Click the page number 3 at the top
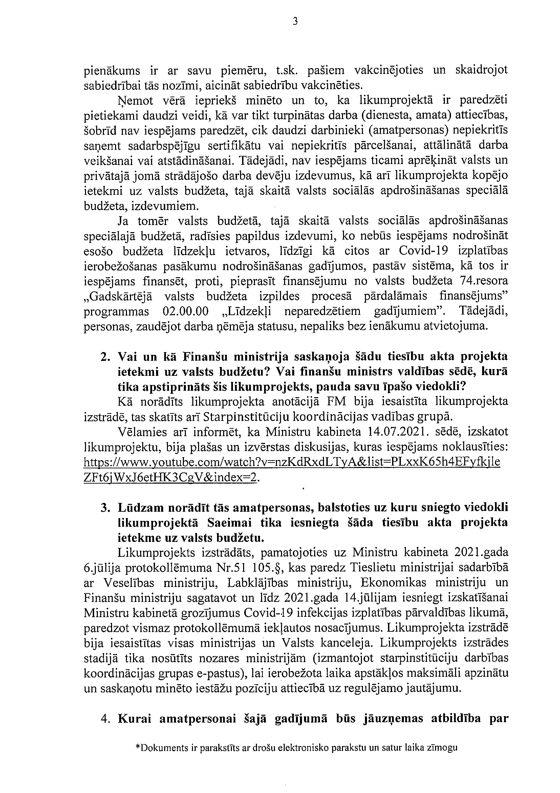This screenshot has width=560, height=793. [295, 22]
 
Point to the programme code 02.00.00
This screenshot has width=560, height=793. [185, 311]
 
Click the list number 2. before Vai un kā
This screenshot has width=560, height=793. [105, 357]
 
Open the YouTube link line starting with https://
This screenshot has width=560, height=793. [292, 462]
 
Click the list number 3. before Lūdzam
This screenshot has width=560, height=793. [105, 507]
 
